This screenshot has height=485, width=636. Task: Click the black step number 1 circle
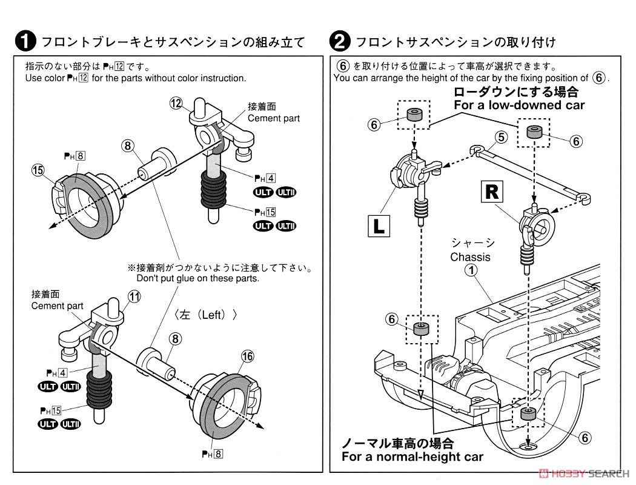pyautogui.click(x=25, y=41)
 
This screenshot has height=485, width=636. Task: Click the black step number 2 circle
pyautogui.click(x=340, y=41)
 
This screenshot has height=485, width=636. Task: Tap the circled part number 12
pyautogui.click(x=176, y=104)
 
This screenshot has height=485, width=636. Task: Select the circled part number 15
pyautogui.click(x=39, y=171)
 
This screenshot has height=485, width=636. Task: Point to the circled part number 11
pyautogui.click(x=134, y=296)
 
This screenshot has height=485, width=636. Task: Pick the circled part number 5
pyautogui.click(x=500, y=137)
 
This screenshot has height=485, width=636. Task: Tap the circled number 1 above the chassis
pyautogui.click(x=469, y=271)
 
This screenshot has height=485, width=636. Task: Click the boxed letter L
pyautogui.click(x=379, y=227)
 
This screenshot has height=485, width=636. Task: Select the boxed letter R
pyautogui.click(x=492, y=192)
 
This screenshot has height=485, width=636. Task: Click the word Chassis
pyautogui.click(x=470, y=257)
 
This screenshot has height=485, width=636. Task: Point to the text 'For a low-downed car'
pyautogui.click(x=519, y=105)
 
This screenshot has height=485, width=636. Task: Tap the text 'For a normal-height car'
pyautogui.click(x=412, y=457)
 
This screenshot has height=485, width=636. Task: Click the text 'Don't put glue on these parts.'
pyautogui.click(x=198, y=278)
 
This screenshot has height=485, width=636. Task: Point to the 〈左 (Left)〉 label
pyautogui.click(x=204, y=315)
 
